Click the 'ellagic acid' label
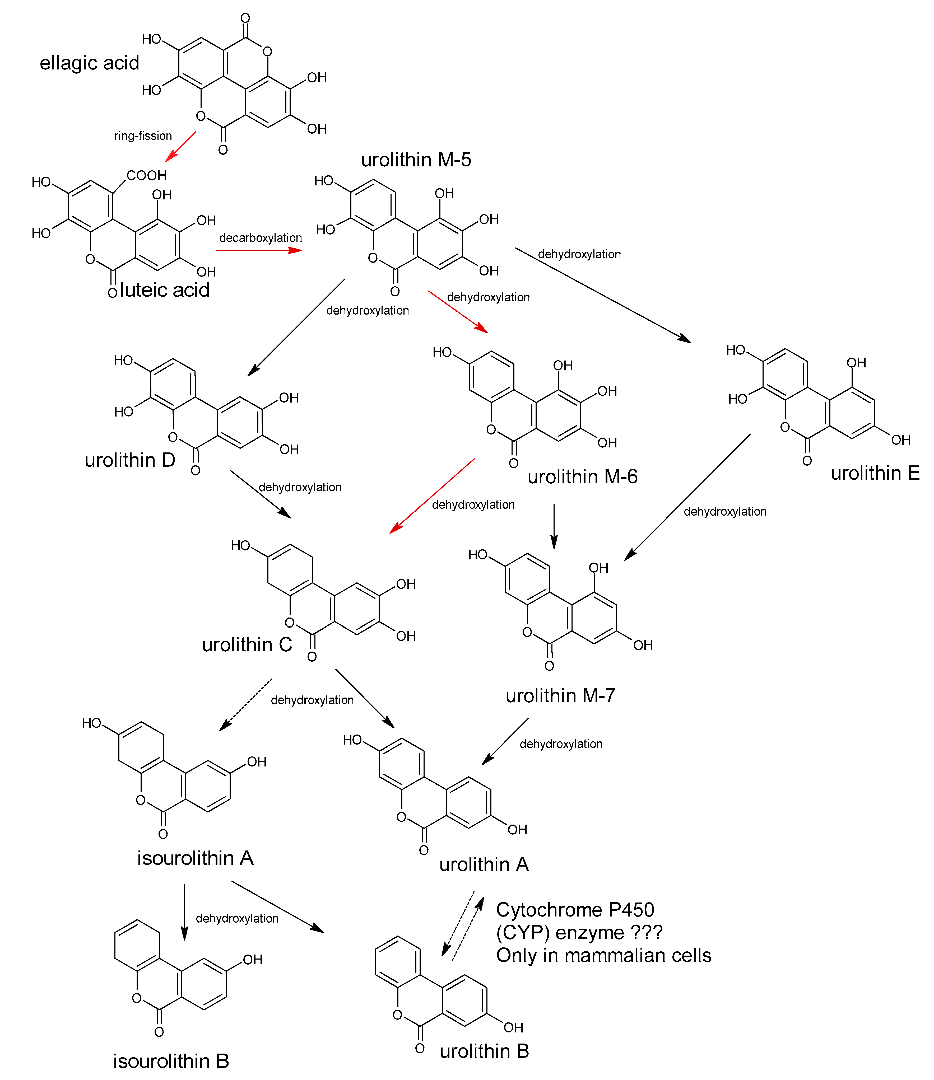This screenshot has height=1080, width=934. (89, 63)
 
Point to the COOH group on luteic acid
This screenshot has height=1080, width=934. (147, 176)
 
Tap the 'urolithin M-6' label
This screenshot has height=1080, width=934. (583, 476)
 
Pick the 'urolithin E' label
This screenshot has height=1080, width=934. (875, 473)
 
